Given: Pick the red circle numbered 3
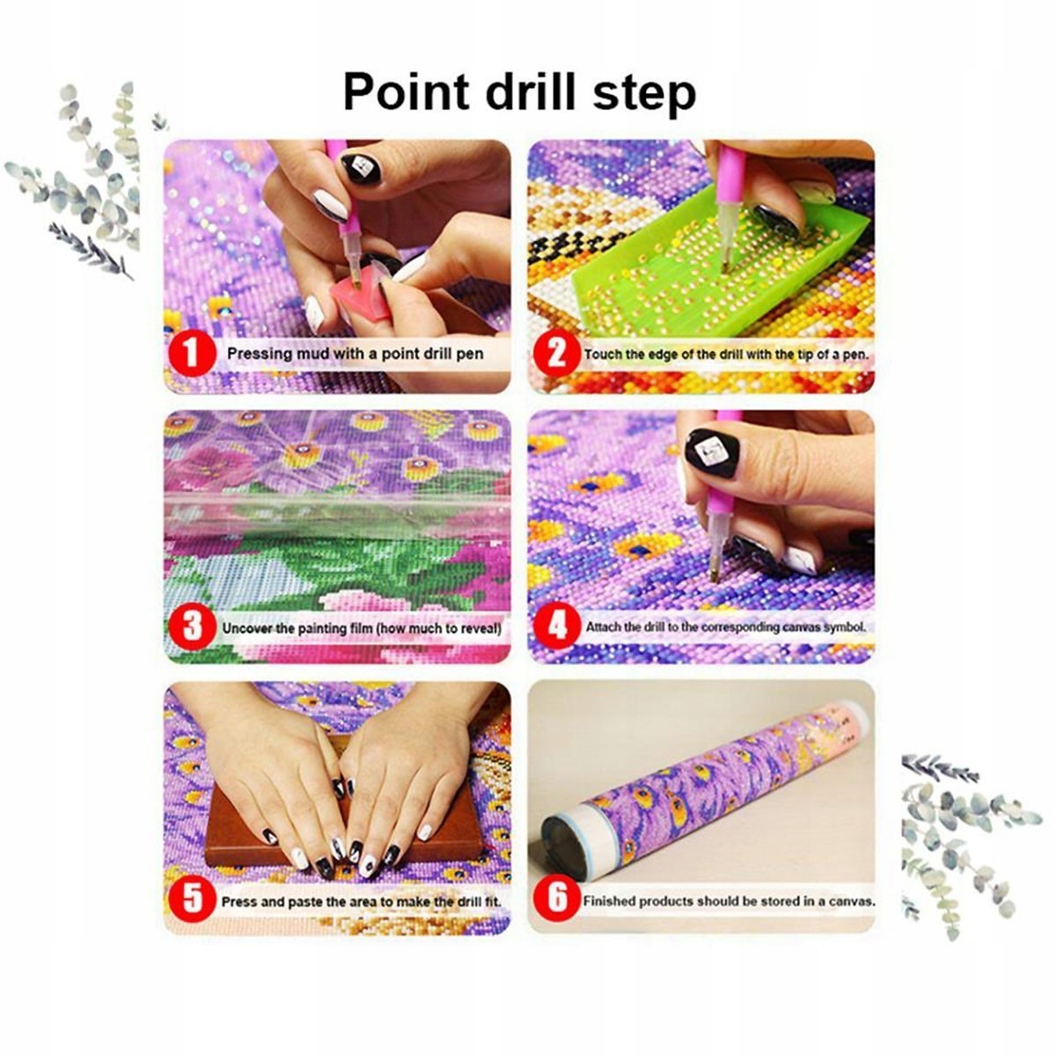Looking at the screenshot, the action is tap(191, 627).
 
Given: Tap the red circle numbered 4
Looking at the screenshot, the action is tap(556, 627).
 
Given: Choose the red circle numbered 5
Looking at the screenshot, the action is tap(191, 901).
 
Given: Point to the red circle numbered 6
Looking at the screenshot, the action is tap(556, 900).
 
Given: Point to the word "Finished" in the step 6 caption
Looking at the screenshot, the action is tap(608, 901).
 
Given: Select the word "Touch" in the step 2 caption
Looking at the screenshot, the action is tap(600, 354).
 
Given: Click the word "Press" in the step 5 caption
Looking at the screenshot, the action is tap(238, 901).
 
